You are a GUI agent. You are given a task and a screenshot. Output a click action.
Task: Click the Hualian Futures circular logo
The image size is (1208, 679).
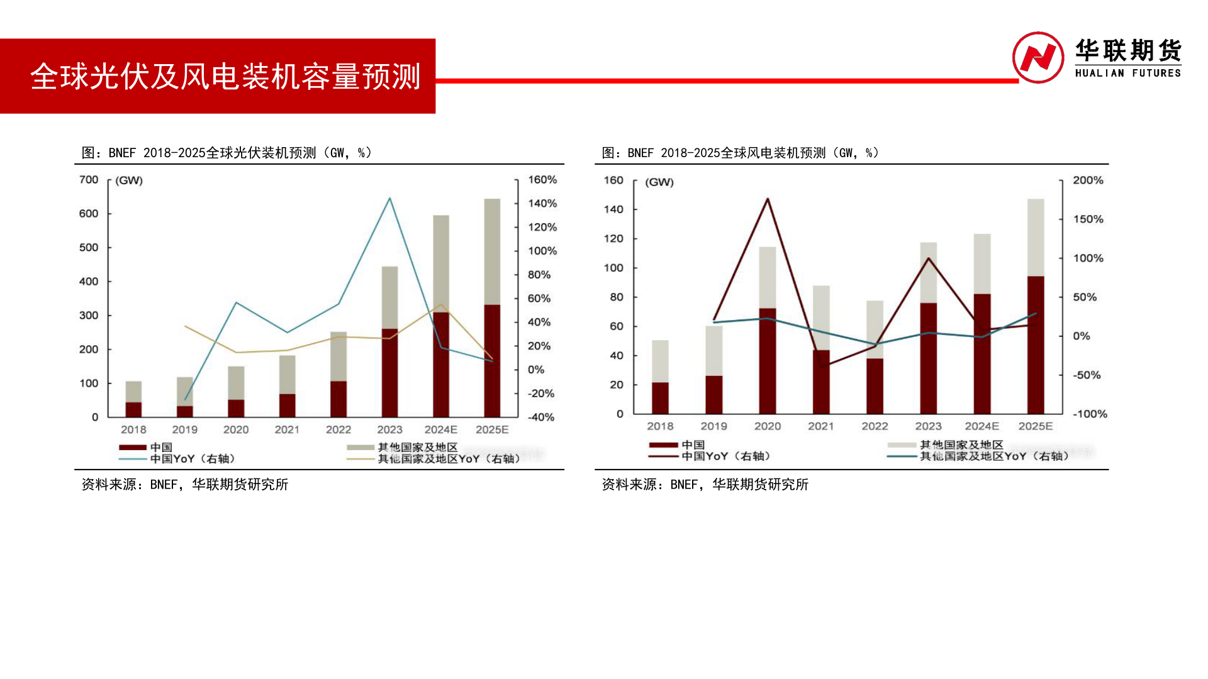[x=1037, y=57]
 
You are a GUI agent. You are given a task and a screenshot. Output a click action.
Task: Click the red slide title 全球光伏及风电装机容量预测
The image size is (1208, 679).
[x=225, y=77]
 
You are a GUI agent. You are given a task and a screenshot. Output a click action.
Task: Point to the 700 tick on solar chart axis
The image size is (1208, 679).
[x=89, y=180]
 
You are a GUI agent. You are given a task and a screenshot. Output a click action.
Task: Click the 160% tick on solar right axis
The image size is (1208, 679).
[x=542, y=180]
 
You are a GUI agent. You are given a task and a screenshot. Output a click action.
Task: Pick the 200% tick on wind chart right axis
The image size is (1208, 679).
[x=1088, y=180]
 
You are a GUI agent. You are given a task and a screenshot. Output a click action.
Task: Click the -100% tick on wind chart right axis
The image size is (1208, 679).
[x=1090, y=414]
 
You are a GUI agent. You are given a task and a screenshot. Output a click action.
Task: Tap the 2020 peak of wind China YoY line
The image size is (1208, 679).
[x=768, y=199]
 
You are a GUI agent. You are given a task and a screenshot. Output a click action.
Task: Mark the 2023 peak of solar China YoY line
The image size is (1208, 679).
[x=389, y=199]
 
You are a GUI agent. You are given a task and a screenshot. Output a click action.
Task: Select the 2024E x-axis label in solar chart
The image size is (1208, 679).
[x=440, y=429]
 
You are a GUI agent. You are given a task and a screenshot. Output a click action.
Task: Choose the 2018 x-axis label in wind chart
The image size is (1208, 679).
[x=660, y=426]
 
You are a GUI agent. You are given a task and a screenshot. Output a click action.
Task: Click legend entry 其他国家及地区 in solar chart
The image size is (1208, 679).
[x=417, y=447]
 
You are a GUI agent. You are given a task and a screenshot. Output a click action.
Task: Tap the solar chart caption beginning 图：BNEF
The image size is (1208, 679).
[x=226, y=153]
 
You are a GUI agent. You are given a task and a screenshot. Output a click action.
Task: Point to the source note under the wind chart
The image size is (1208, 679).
[x=705, y=485]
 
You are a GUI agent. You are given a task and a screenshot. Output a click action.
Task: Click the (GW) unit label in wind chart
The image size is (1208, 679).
[x=659, y=182]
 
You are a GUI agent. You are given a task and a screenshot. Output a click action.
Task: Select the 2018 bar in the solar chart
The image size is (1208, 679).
[x=133, y=399]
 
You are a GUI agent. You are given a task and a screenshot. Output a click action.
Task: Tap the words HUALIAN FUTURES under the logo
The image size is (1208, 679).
[x=1127, y=74]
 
